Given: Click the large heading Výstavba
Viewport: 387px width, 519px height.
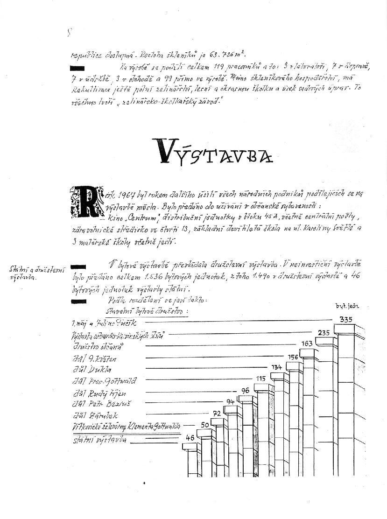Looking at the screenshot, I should (x=214, y=152).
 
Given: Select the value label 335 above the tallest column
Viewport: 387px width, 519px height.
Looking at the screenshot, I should (x=346, y=320).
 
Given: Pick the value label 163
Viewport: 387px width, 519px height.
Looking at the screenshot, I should (x=307, y=344).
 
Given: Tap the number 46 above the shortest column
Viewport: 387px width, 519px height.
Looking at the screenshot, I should (x=190, y=438).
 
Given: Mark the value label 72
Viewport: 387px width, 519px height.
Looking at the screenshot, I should (x=217, y=414).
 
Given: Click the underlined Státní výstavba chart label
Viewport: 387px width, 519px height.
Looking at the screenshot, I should (x=99, y=440).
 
